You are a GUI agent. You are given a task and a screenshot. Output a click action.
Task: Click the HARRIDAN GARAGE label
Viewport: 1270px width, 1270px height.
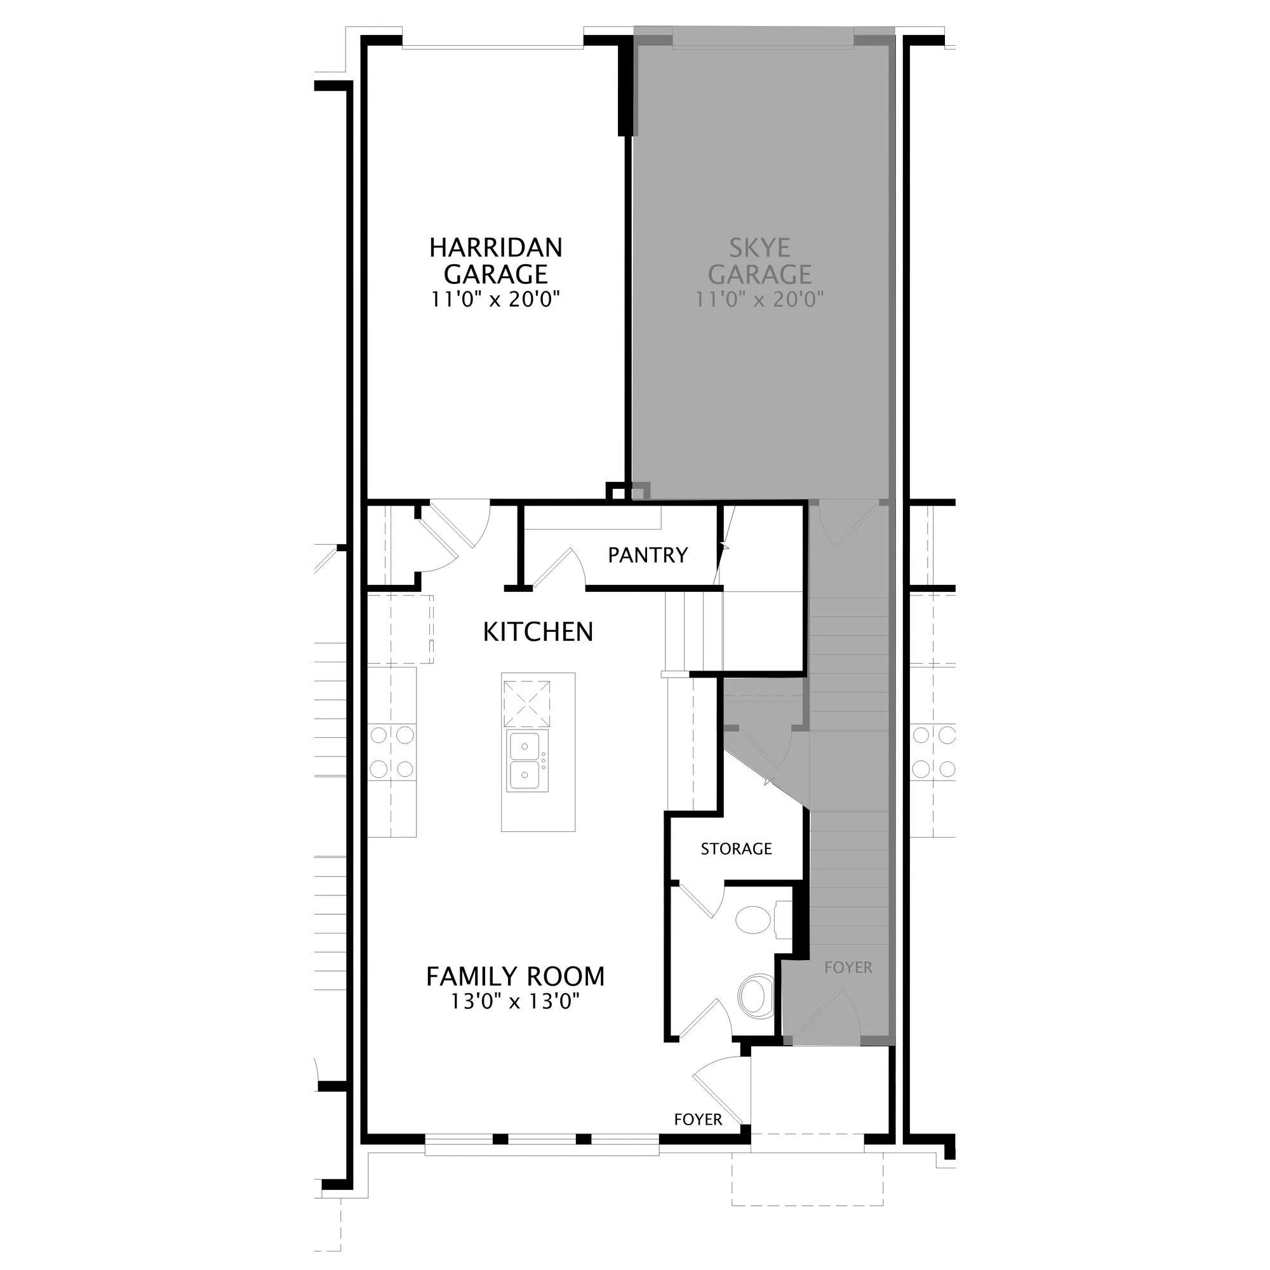[496, 260]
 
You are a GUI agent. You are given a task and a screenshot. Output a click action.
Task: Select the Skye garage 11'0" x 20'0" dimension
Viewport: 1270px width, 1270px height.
[759, 300]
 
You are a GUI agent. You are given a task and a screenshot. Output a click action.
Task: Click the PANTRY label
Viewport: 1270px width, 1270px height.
[648, 556]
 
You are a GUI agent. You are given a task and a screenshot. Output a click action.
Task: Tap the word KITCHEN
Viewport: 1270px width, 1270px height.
[538, 632]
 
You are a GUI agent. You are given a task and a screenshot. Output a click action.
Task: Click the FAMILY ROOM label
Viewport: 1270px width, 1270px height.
[516, 976]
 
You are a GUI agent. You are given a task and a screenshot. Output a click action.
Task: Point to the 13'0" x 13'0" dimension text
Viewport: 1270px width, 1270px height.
[515, 1002]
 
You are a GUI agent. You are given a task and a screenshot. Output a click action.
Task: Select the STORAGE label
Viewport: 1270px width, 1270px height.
[736, 848]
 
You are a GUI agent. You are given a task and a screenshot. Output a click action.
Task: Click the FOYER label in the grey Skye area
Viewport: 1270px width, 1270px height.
[848, 968]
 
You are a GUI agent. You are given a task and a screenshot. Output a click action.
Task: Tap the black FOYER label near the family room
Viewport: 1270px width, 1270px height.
[698, 1120]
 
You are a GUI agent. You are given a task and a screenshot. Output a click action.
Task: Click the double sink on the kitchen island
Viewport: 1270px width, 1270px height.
[526, 761]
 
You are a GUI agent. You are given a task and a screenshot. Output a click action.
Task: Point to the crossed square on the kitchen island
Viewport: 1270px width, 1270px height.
[526, 704]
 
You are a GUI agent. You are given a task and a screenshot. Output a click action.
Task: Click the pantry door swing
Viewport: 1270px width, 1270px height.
[560, 565]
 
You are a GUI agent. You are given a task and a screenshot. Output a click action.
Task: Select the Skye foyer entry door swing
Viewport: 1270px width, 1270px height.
[825, 1015]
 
